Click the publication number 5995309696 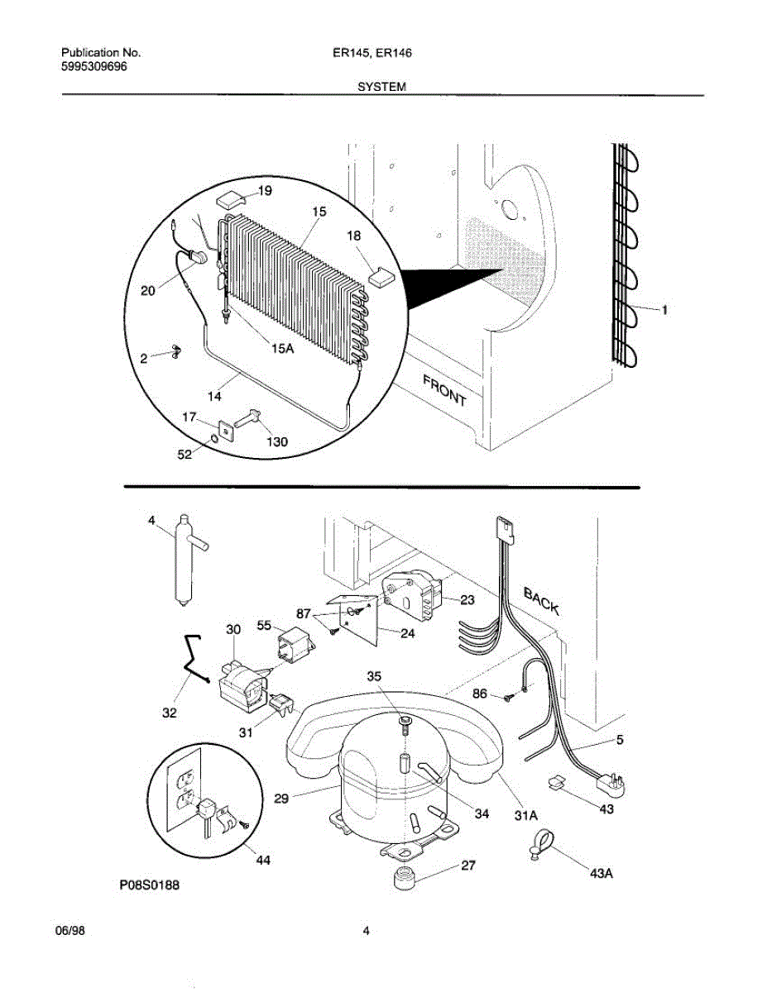[x=94, y=67]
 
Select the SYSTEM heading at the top [x=382, y=87]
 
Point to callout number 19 [x=265, y=191]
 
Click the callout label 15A [x=282, y=348]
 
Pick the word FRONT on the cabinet [x=444, y=391]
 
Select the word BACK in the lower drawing [x=541, y=601]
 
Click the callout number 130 [x=277, y=441]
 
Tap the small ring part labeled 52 [x=213, y=439]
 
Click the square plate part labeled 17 [x=226, y=431]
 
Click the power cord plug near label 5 [x=611, y=786]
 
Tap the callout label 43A [x=602, y=873]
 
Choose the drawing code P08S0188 [x=150, y=885]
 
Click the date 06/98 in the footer [x=70, y=930]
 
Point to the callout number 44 [x=263, y=861]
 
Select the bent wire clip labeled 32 [x=195, y=660]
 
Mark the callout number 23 [x=467, y=600]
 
